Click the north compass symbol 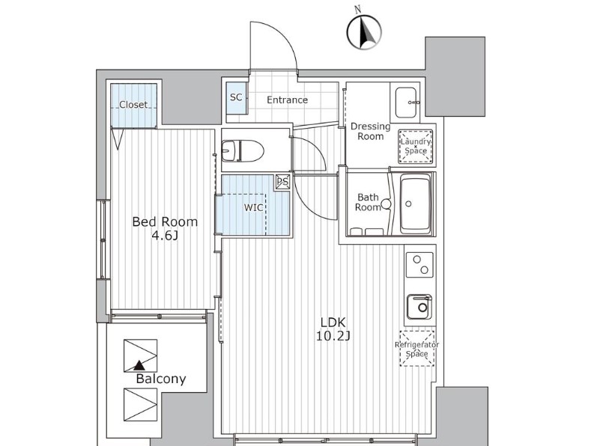(x=364, y=31)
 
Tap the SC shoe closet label (x=236, y=97)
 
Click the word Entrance (x=287, y=100)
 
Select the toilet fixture (x=243, y=150)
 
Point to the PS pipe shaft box (x=282, y=182)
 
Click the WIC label (x=253, y=207)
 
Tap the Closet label (x=133, y=104)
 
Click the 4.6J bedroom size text (x=164, y=236)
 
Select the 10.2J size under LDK (x=333, y=336)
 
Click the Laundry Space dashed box (x=416, y=146)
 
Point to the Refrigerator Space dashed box (x=417, y=349)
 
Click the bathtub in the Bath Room (x=416, y=204)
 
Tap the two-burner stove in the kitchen (x=419, y=265)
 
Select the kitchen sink (x=419, y=306)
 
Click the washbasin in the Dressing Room (x=407, y=103)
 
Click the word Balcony (x=161, y=379)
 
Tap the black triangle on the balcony (x=140, y=364)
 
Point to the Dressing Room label (x=371, y=131)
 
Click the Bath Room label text (x=369, y=202)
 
